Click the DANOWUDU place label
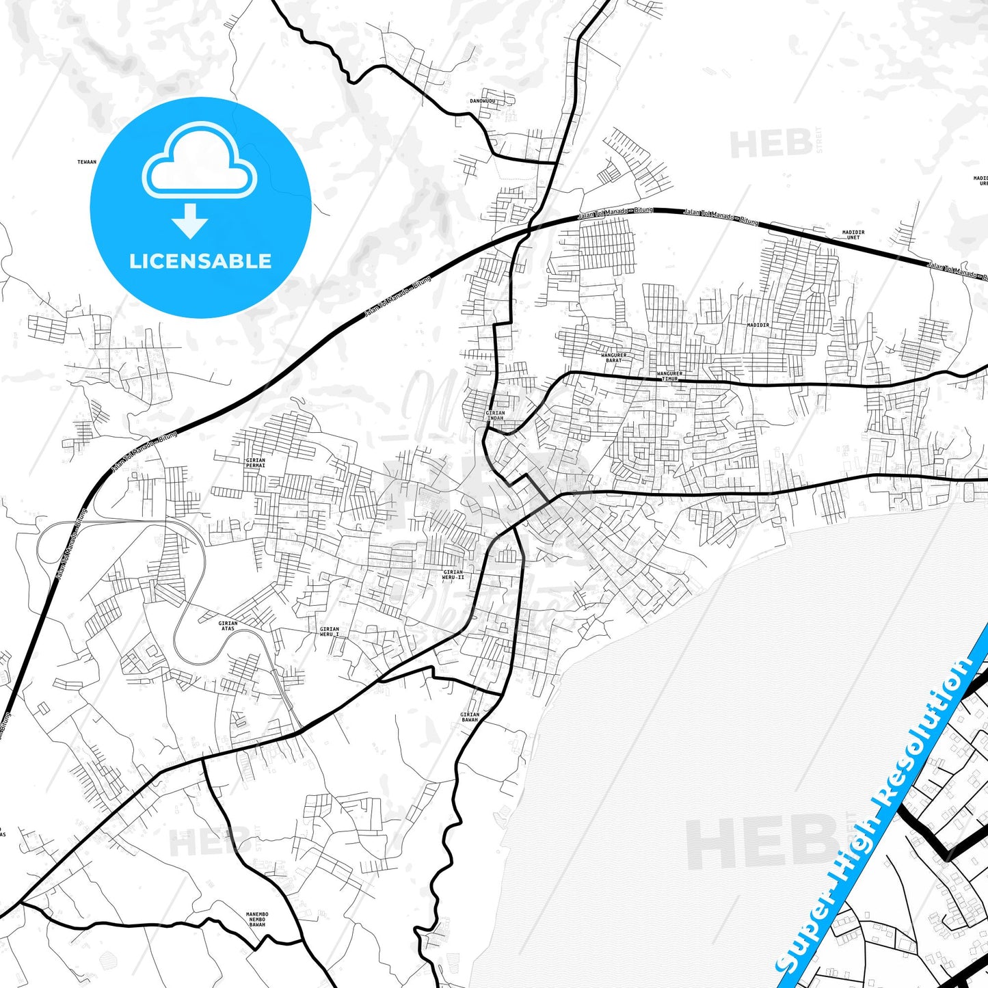point(482,101)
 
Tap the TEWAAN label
point(87,162)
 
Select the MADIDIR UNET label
point(853,235)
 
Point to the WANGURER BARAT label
point(613,358)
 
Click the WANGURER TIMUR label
point(669,376)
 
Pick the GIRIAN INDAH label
point(495,415)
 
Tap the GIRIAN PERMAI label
point(255,463)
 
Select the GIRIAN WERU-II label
point(453,574)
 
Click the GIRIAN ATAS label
point(228,626)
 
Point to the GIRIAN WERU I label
point(330,631)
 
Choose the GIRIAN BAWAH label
point(470,717)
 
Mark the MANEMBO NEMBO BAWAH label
point(257,919)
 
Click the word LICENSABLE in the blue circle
point(200,261)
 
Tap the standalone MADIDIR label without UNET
point(758,325)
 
